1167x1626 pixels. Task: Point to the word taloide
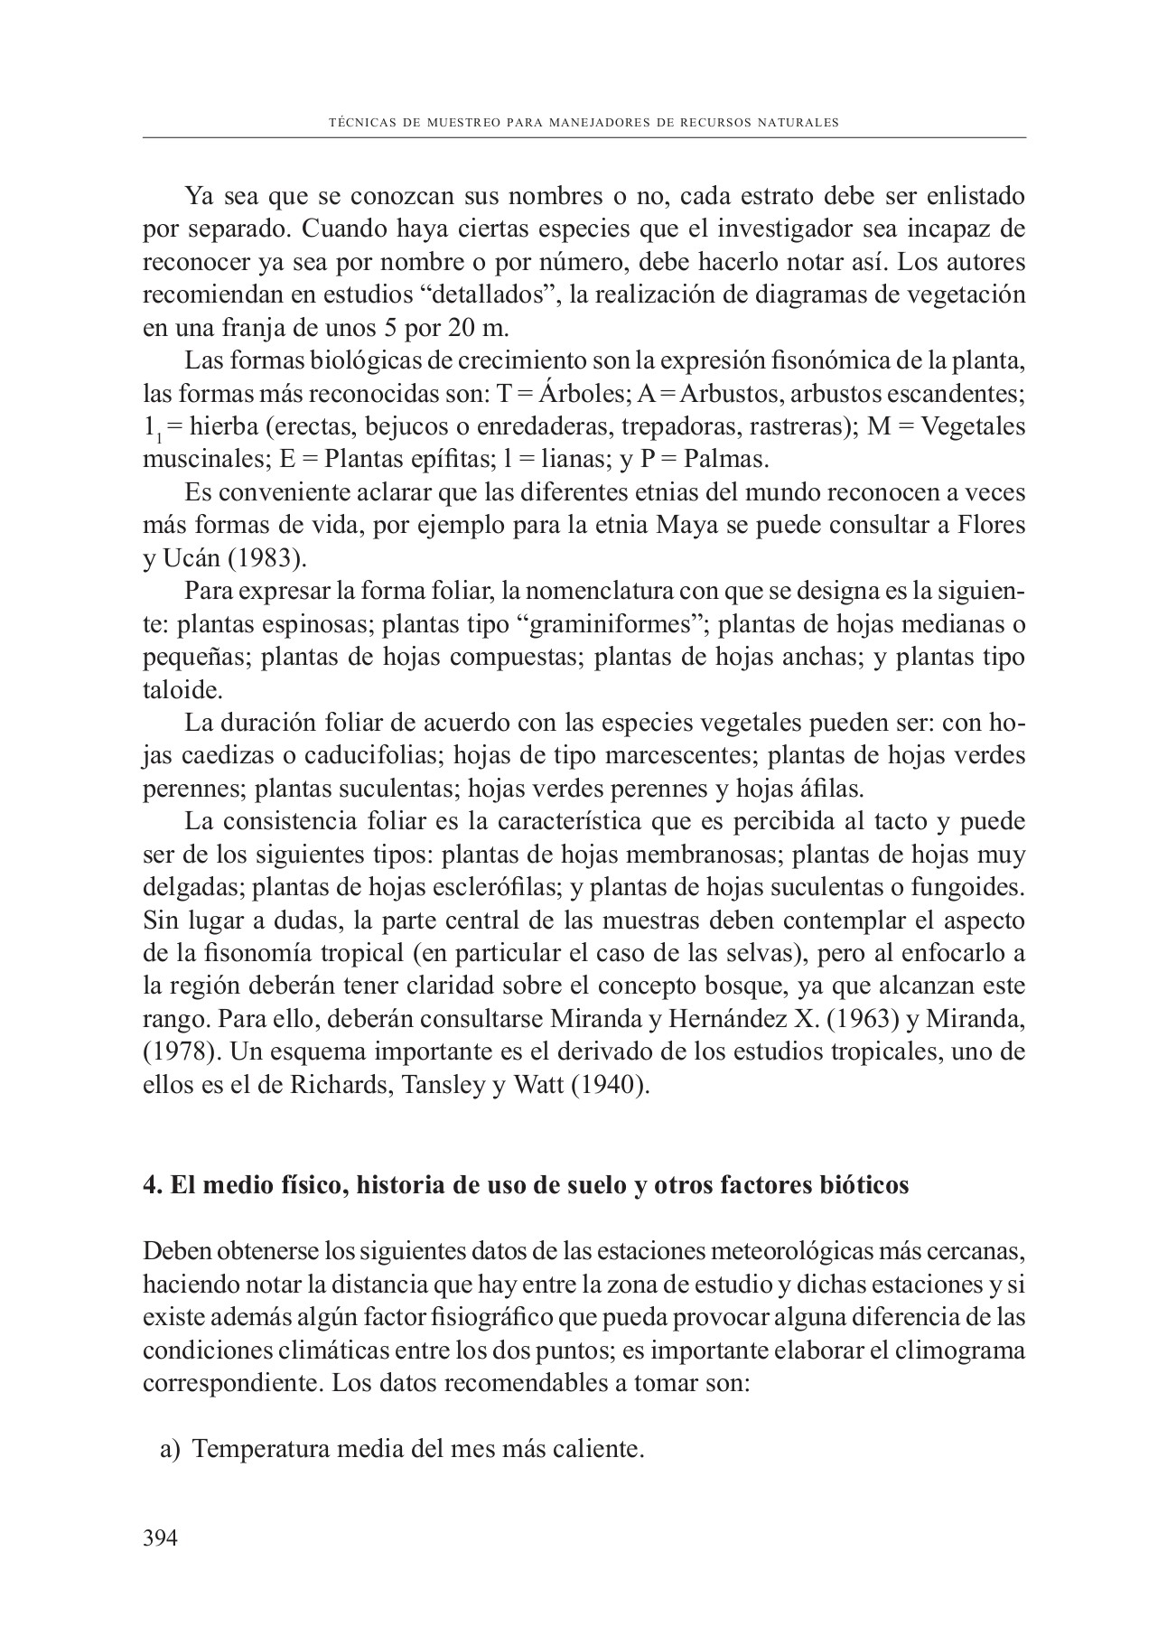[181, 690]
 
